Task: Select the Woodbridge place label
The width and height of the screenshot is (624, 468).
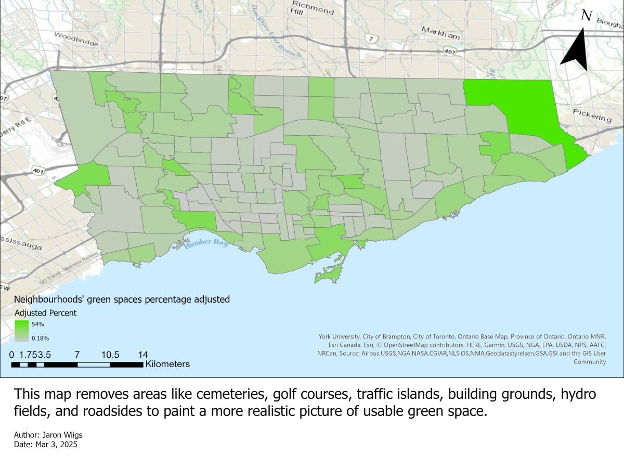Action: tap(76, 40)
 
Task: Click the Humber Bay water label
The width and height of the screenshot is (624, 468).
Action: tap(206, 243)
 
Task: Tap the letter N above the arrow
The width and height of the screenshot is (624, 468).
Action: tap(586, 16)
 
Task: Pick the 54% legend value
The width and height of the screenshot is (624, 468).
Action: tap(38, 324)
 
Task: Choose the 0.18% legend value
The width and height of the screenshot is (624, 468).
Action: tap(41, 338)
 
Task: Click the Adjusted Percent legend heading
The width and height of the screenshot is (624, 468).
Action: tap(45, 313)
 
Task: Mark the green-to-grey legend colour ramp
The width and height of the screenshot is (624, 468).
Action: tap(22, 331)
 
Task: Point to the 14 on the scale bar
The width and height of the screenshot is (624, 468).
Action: tap(142, 355)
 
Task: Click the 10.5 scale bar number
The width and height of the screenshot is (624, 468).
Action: tap(110, 355)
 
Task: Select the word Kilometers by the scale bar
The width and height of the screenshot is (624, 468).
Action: tap(167, 364)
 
